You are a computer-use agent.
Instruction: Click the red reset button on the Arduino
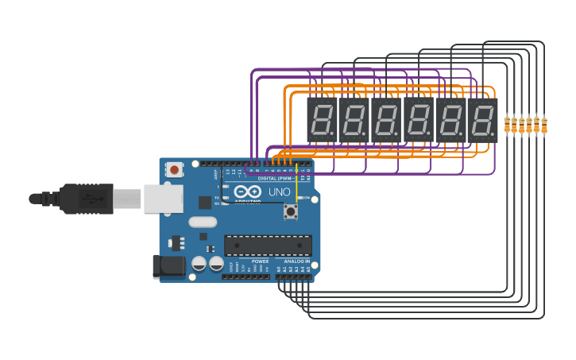(x=174, y=169)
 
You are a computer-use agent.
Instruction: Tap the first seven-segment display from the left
(x=322, y=120)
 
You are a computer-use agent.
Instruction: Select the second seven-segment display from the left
(x=354, y=120)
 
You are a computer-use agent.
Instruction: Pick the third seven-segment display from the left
(x=386, y=120)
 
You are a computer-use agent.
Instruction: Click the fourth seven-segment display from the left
(x=419, y=120)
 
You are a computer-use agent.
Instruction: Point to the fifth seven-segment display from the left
(x=450, y=120)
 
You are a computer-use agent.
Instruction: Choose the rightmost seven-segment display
(x=482, y=120)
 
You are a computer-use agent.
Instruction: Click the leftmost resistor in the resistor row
(x=507, y=125)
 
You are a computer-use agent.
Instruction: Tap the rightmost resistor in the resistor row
(x=544, y=125)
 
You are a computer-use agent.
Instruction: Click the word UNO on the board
(x=279, y=192)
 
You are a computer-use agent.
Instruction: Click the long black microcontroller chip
(x=268, y=246)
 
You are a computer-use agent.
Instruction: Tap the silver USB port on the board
(x=163, y=199)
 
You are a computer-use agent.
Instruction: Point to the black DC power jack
(x=168, y=266)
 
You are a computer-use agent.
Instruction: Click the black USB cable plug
(x=87, y=199)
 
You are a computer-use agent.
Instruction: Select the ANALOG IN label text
(x=297, y=261)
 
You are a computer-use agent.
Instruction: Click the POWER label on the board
(x=260, y=261)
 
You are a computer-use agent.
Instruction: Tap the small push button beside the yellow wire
(x=291, y=211)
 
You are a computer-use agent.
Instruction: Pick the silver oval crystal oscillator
(x=203, y=223)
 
